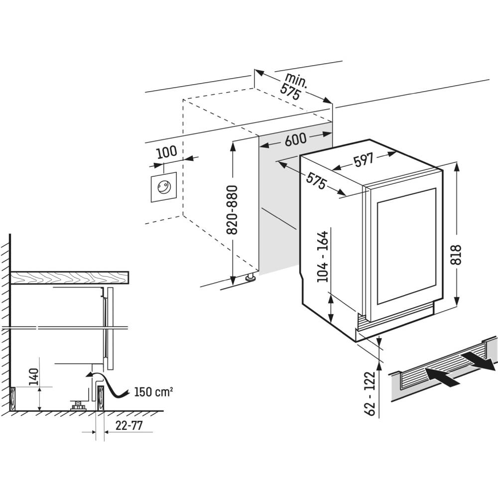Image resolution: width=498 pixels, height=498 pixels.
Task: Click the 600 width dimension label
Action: click(x=295, y=140)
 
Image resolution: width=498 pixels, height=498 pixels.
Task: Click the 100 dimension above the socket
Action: click(x=166, y=152)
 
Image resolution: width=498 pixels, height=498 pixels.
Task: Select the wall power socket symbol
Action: click(x=162, y=188)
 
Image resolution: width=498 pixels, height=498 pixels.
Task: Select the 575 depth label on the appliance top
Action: click(x=316, y=181)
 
